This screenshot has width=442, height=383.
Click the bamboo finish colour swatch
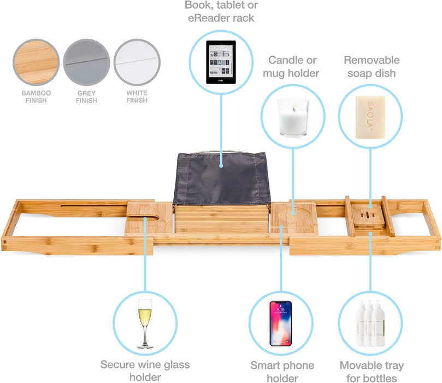point(36,62)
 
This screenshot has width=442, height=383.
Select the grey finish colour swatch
point(86,62)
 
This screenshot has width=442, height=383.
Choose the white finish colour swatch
point(137,62)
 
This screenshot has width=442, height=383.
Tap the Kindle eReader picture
point(221,62)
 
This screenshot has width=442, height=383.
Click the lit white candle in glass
point(293,117)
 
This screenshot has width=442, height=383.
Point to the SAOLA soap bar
point(370,117)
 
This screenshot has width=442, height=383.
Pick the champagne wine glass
point(145,323)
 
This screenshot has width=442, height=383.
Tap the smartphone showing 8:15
point(280,323)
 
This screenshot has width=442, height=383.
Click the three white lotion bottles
point(370,323)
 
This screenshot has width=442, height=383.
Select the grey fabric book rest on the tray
point(222,179)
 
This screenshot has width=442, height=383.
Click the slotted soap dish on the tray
point(368,216)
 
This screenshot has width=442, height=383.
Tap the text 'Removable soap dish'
point(372,67)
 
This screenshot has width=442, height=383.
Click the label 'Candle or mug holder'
point(291,67)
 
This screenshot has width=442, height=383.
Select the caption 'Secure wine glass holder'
point(145,370)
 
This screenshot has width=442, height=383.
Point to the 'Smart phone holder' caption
point(282,372)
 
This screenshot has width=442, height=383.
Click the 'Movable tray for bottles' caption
point(372,372)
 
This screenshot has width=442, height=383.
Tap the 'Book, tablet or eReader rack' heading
point(221,11)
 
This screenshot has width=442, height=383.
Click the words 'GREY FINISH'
point(86,97)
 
